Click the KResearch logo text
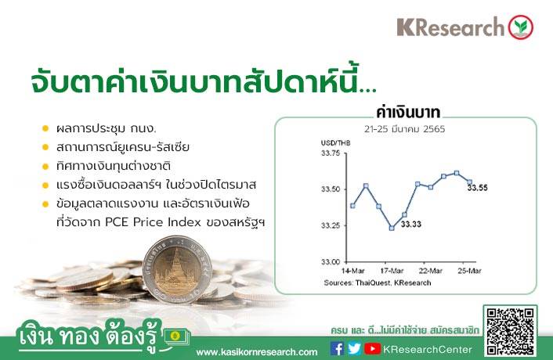[x=450, y=27]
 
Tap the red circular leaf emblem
[x=521, y=27]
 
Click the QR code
[x=510, y=331]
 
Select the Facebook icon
[x=337, y=348]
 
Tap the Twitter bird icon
[x=354, y=348]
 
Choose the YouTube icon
[x=372, y=348]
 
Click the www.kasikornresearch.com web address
[x=257, y=352]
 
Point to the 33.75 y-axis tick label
[x=331, y=153]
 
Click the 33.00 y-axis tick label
[x=331, y=261]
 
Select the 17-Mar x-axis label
[x=392, y=271]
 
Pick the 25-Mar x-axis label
[x=469, y=271]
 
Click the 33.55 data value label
[x=478, y=188]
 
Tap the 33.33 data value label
[x=411, y=225]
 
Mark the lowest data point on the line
[x=392, y=228]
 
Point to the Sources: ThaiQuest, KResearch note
[x=378, y=283]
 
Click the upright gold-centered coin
[x=177, y=270]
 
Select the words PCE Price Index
[x=153, y=222]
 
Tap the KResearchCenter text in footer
[x=428, y=349]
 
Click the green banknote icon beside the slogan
[x=176, y=338]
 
